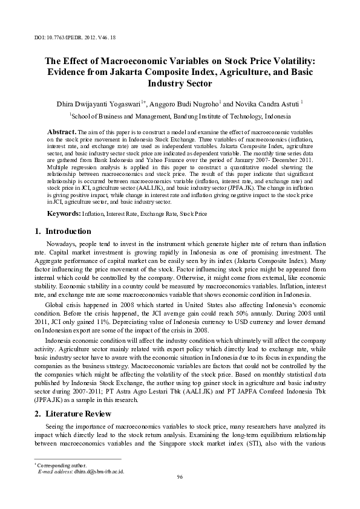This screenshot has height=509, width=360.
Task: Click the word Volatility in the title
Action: [x=293, y=60]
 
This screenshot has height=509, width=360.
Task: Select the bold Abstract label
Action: [x=62, y=131]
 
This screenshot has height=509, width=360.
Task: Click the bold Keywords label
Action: [x=64, y=213]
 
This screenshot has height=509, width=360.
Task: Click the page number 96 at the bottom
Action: [x=180, y=477]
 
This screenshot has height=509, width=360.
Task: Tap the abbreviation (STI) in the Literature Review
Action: [x=243, y=443]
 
